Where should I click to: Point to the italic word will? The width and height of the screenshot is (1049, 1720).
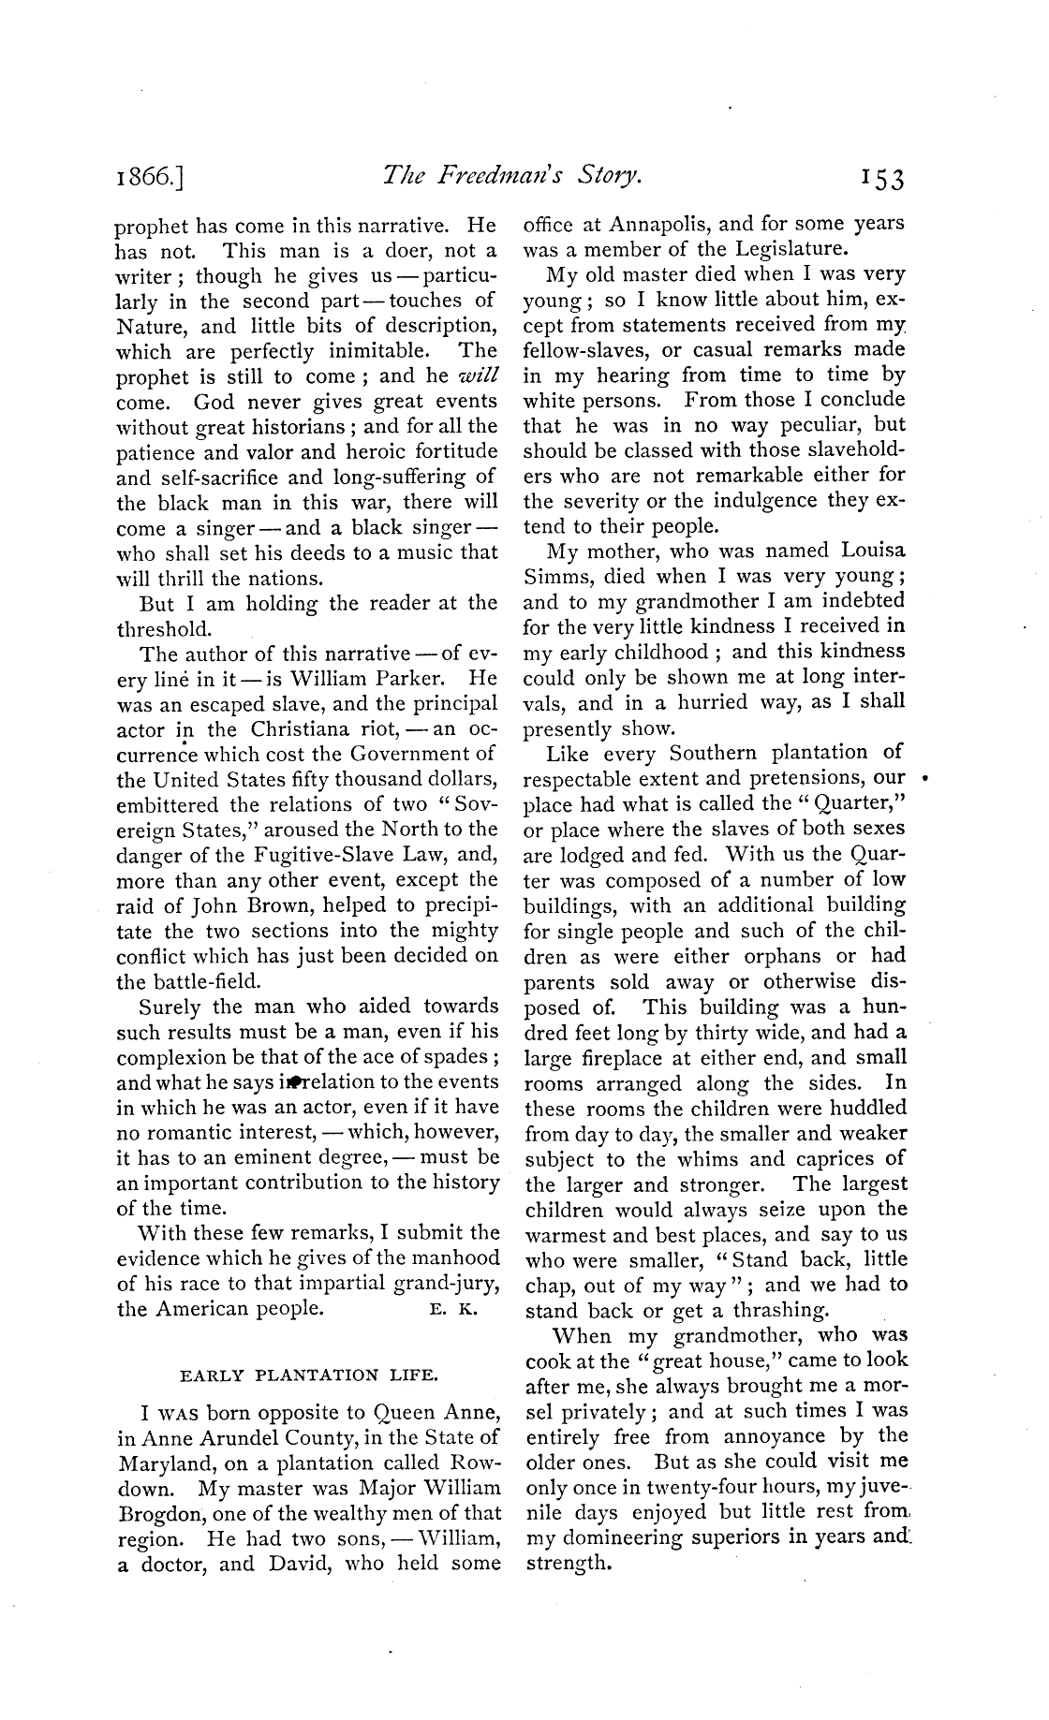[x=479, y=376]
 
